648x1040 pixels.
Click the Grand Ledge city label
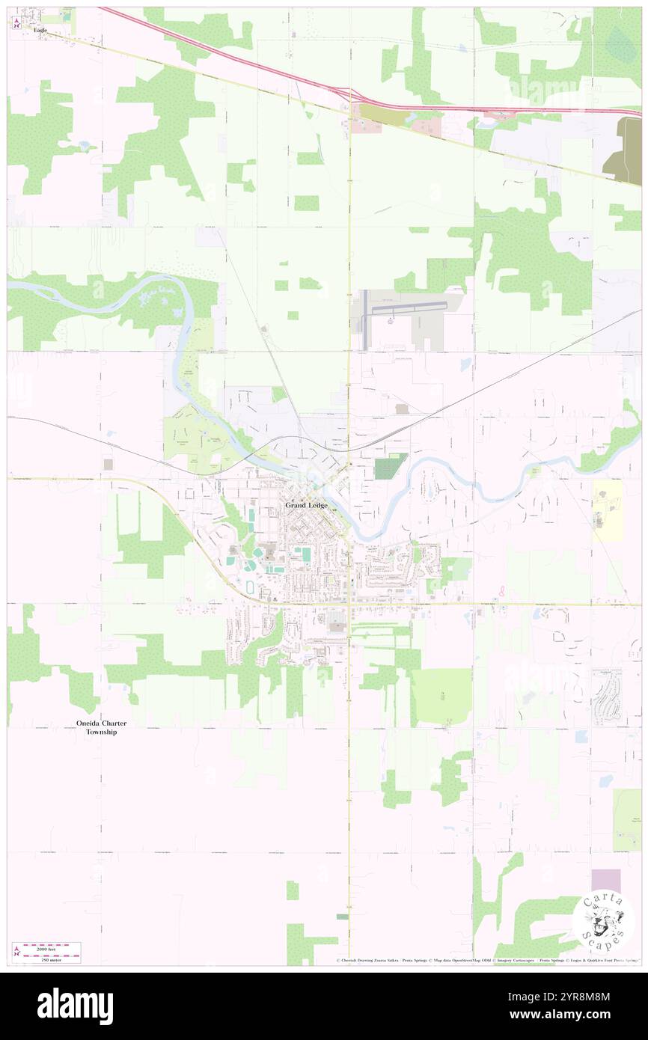[306, 505]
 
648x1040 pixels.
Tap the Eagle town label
[40, 30]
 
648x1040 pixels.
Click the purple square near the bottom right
[606, 881]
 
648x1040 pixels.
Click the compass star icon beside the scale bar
[16, 952]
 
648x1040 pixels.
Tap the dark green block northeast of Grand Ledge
[390, 467]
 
